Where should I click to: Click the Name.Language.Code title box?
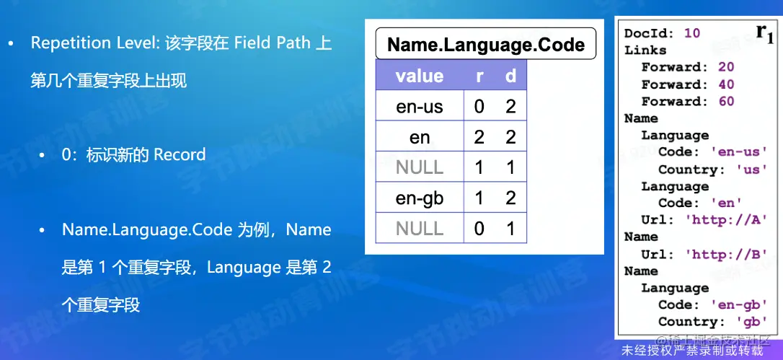pyautogui.click(x=486, y=43)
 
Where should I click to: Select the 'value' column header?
pyautogui.click(x=420, y=76)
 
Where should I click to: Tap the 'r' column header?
pyautogui.click(x=479, y=76)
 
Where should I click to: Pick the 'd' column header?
pyautogui.click(x=510, y=76)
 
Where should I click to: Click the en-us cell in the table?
pyautogui.click(x=420, y=106)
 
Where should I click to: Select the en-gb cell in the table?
pyautogui.click(x=420, y=198)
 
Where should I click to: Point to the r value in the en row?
pyautogui.click(x=479, y=136)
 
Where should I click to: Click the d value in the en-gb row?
pyautogui.click(x=510, y=198)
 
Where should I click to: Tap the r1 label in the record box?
pyautogui.click(x=764, y=33)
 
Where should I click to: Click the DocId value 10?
pyautogui.click(x=692, y=33)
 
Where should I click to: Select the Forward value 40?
pyautogui.click(x=727, y=84)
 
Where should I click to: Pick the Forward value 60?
pyautogui.click(x=727, y=102)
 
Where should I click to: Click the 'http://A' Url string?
pyautogui.click(x=726, y=220)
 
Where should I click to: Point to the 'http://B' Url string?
pyautogui.click(x=726, y=254)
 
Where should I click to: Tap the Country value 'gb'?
pyautogui.click(x=752, y=322)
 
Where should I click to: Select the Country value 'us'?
pyautogui.click(x=752, y=170)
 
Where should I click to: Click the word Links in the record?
pyautogui.click(x=645, y=51)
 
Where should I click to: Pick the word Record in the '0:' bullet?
pyautogui.click(x=180, y=154)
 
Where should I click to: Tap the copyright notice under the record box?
pyautogui.click(x=693, y=351)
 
